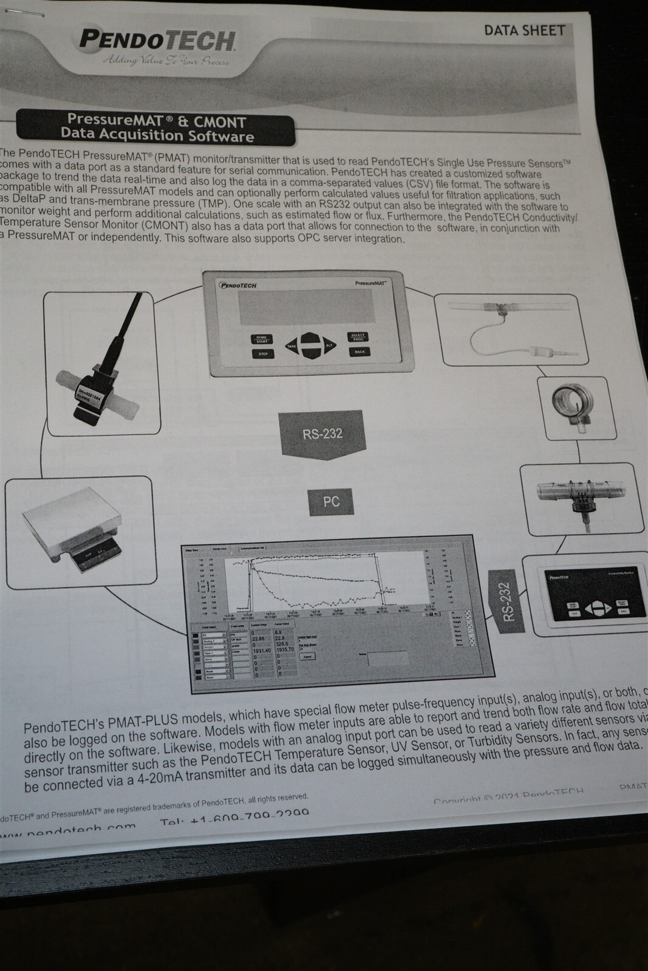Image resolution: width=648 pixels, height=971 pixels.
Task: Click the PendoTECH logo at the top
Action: click(x=157, y=41)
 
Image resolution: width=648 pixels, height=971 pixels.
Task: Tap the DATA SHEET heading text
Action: click(x=524, y=30)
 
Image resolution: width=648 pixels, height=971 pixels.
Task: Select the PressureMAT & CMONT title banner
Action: click(x=157, y=127)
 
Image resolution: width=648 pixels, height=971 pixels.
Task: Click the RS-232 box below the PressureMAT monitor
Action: click(x=322, y=433)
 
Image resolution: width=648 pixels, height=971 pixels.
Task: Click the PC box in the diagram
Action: click(x=331, y=502)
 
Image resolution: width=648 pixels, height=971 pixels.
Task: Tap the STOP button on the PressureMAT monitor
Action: click(x=263, y=353)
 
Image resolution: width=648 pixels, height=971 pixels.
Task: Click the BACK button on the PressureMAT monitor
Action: click(x=360, y=351)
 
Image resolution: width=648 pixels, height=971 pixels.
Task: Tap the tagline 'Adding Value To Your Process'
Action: click(x=165, y=61)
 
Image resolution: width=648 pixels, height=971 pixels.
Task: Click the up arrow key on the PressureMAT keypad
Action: click(x=310, y=336)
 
